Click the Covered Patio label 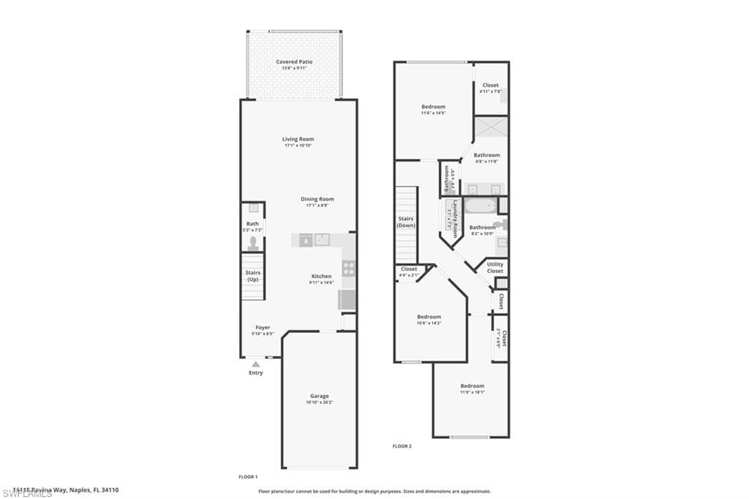coord(294,62)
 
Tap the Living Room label coord(298,139)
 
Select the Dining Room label coord(317,199)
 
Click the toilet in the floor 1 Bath coord(253,242)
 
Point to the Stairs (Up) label coord(252,276)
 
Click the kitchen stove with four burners coord(349,268)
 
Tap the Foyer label coord(263,327)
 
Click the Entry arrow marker coord(255,364)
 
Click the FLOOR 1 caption coord(249,476)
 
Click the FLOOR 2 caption coord(402,446)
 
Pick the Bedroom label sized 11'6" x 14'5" coord(433,107)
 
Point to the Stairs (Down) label coord(406,222)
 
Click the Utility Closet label coord(495,268)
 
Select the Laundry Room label coord(455,218)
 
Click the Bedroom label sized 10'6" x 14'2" coord(429,317)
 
